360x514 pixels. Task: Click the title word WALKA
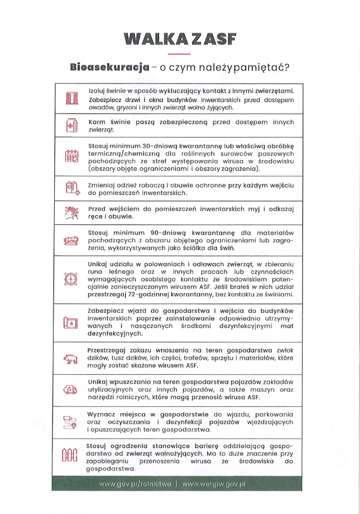coord(151,39)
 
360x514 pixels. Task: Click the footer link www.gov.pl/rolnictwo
coord(135,485)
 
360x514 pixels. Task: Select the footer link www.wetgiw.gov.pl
coord(215,485)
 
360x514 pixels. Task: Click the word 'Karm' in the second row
coord(98,122)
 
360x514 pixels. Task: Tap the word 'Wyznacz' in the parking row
coord(104,415)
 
